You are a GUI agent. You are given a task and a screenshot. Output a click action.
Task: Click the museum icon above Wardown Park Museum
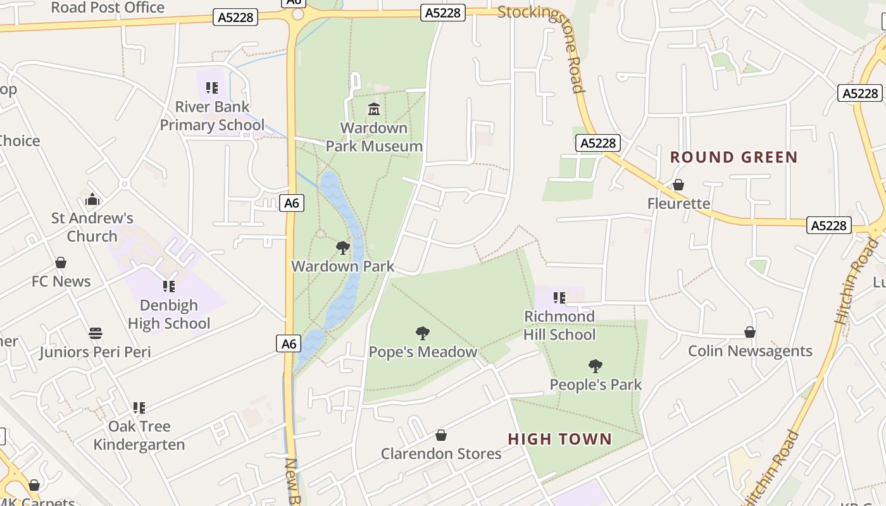coord(374,109)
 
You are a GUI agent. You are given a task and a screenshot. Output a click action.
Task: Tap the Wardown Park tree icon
coord(342,247)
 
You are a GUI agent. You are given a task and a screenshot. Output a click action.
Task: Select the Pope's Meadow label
coord(423,352)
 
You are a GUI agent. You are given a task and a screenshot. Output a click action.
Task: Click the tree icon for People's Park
coord(595,366)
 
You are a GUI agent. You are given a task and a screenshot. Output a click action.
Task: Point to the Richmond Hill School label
coord(559,325)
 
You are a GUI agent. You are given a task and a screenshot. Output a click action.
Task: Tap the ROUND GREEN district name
coord(733,157)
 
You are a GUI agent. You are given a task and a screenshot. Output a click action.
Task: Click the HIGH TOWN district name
coord(560,439)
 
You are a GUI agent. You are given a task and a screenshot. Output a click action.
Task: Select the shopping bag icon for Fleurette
coord(678,185)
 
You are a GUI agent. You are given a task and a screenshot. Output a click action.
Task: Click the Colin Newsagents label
coord(750,351)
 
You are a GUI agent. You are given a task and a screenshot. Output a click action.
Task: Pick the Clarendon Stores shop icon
coord(441,435)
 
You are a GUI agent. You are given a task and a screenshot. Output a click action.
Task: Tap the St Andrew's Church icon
coord(92,200)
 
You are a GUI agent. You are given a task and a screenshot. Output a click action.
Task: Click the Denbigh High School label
coord(169,314)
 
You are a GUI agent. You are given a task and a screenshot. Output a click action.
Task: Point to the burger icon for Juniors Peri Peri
coord(96,333)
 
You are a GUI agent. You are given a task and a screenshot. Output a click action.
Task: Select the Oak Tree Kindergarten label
coord(139,435)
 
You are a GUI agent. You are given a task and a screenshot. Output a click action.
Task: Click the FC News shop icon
coord(61,262)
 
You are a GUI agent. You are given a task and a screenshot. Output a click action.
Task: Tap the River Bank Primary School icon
coord(212,88)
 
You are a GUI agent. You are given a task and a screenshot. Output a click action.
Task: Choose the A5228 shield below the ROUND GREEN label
coord(828,225)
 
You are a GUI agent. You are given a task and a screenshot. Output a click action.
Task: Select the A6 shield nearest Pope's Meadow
coord(289,343)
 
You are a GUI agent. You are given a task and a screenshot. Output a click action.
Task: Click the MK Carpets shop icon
coord(34,485)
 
